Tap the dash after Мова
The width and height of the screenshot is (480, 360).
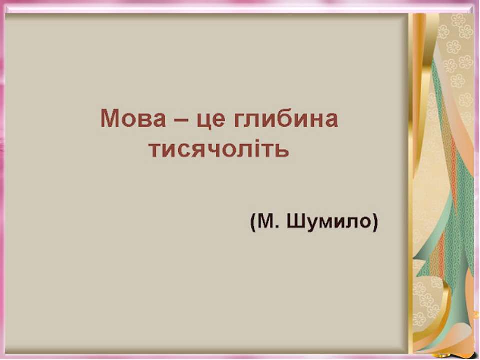tap(181, 120)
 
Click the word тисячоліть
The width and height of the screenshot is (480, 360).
tap(219, 149)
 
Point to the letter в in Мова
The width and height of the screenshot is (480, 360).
tap(143, 120)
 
